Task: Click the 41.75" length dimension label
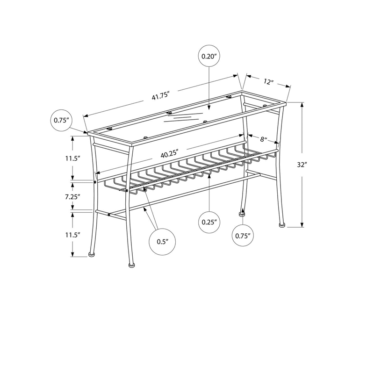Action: (x=160, y=96)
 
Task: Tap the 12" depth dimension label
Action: (x=268, y=82)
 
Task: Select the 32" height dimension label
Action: (x=302, y=165)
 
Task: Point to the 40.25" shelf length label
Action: (x=170, y=154)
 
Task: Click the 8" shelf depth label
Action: (x=263, y=139)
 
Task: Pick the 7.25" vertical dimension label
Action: (x=73, y=197)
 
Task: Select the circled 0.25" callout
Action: (x=209, y=222)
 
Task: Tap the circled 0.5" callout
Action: (x=162, y=242)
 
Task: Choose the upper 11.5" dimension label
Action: (x=72, y=158)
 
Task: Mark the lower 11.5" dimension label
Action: (x=72, y=235)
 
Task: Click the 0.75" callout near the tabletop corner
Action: (x=61, y=120)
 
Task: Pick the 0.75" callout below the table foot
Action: (x=243, y=236)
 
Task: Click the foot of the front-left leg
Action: (x=131, y=265)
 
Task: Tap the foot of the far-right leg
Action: (x=282, y=225)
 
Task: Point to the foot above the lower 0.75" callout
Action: (x=242, y=214)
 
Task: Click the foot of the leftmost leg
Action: (x=91, y=254)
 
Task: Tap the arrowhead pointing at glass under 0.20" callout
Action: (x=209, y=108)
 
